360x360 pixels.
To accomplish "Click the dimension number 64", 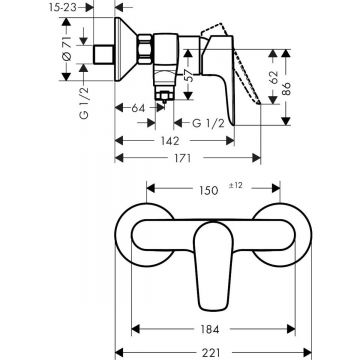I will (136, 107).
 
